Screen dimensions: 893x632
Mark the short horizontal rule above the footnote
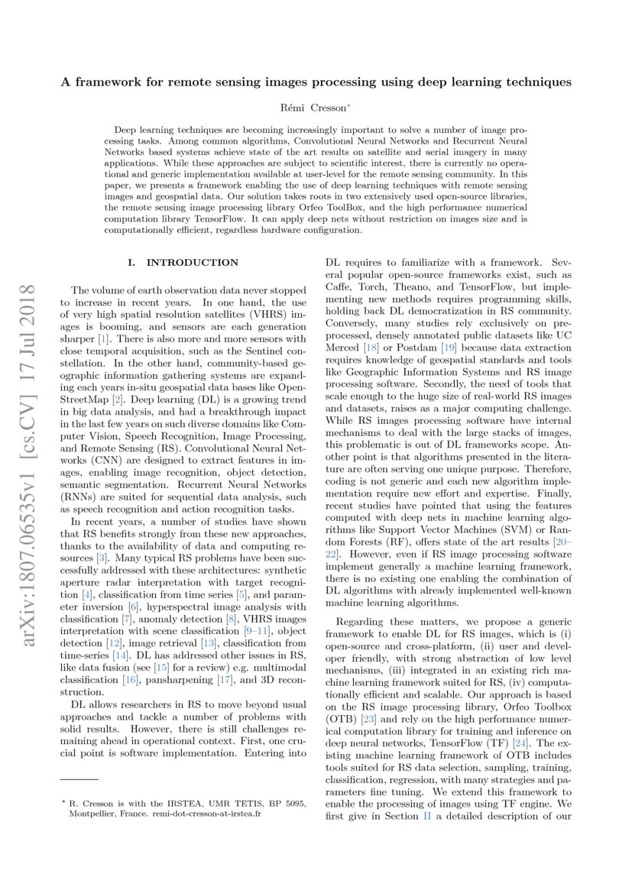pyautogui.click(x=79, y=778)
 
